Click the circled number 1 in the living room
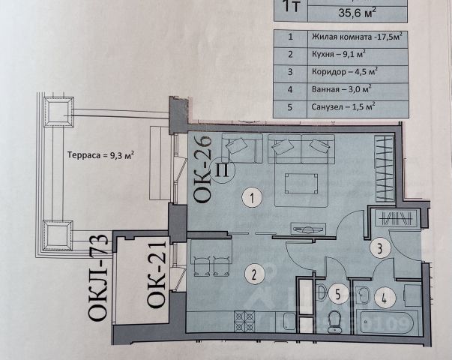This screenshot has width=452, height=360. point(254,198)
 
